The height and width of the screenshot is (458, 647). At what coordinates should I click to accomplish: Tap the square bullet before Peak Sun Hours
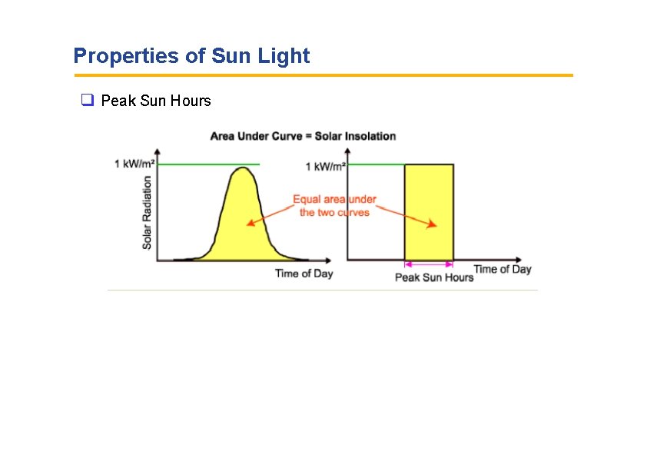86,101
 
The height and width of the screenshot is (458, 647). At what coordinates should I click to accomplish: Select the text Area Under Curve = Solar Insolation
303,136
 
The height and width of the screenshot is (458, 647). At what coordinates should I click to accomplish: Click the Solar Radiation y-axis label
147,212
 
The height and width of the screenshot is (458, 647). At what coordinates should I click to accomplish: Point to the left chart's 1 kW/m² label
135,164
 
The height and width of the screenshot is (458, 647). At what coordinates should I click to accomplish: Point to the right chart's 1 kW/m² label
326,167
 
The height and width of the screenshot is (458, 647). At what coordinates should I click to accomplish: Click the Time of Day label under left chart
304,274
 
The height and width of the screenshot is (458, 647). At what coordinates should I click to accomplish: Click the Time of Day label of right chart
503,269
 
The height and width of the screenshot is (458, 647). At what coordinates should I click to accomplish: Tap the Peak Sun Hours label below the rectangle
434,277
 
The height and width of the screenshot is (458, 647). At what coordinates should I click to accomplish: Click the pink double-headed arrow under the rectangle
429,266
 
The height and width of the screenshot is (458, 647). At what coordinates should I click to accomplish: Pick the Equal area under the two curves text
334,206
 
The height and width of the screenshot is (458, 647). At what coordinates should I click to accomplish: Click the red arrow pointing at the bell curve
269,216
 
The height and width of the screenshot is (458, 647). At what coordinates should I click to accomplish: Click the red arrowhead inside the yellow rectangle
433,224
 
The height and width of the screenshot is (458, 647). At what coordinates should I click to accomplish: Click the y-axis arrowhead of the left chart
158,151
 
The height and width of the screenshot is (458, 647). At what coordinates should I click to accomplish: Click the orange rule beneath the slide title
323,75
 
